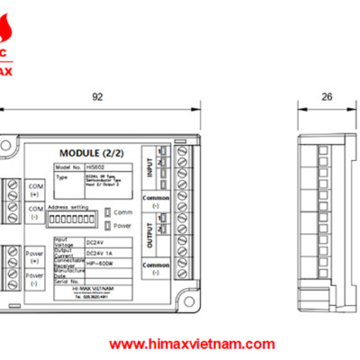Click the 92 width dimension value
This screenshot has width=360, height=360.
pyautogui.click(x=97, y=94)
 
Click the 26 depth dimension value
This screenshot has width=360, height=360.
pyautogui.click(x=327, y=94)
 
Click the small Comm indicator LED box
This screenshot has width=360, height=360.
pyautogui.click(x=108, y=211)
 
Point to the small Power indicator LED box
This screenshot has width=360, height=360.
pyautogui.click(x=108, y=226)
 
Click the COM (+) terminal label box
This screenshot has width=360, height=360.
pyautogui.click(x=35, y=188)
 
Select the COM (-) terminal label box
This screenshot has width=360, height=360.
pyautogui.click(x=35, y=213)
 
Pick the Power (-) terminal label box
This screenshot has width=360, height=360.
pyautogui.click(x=35, y=279)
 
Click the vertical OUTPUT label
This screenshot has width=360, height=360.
pyautogui.click(x=150, y=238)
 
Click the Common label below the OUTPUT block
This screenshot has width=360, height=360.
pyautogui.click(x=157, y=266)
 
